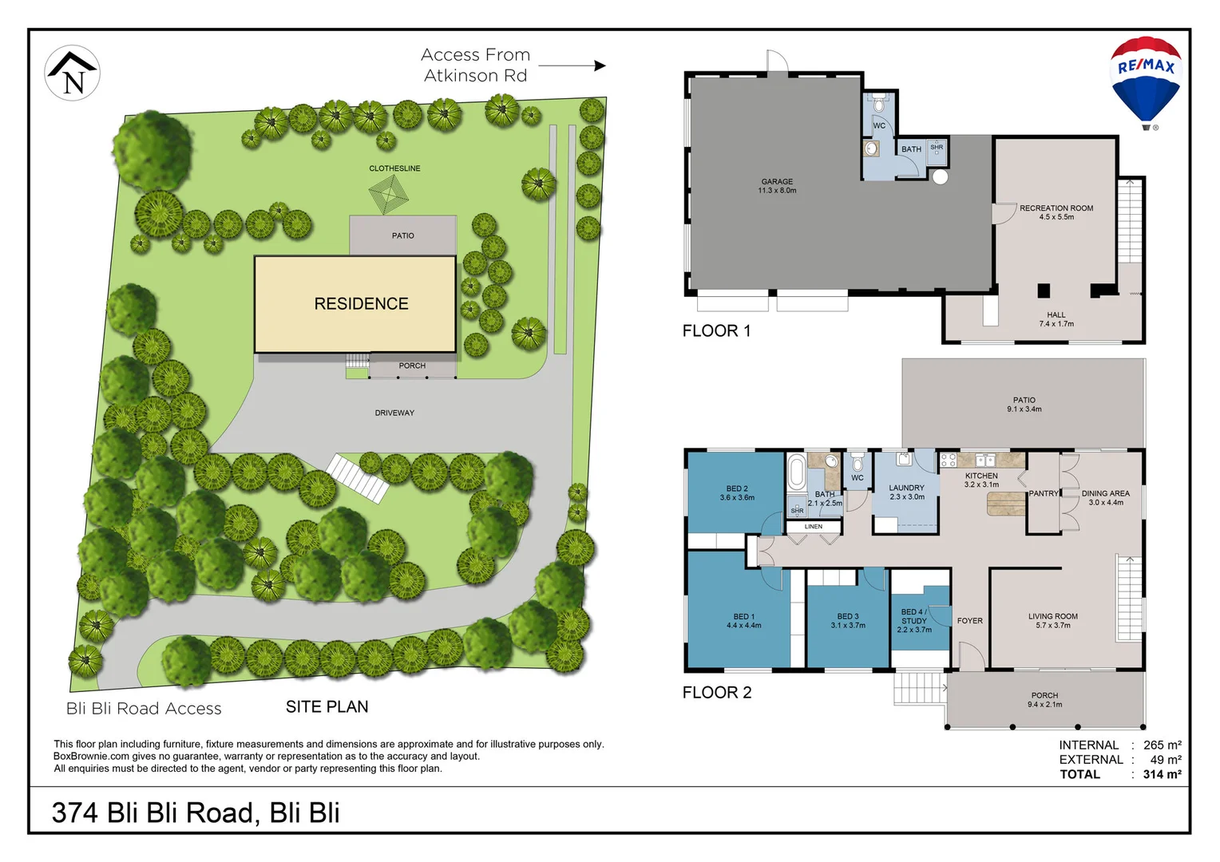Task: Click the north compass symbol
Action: point(72,73)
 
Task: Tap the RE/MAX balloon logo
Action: point(1146,80)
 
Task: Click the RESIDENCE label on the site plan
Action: point(361,304)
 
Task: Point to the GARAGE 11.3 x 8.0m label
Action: point(777,186)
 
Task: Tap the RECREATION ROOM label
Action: point(1056,212)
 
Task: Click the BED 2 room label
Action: point(736,493)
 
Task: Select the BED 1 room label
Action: point(743,621)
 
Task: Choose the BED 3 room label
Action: point(848,621)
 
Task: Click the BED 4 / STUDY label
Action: point(914,620)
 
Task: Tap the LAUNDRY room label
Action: point(906,492)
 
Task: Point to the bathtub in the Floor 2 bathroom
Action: point(796,473)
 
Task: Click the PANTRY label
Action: point(1043,494)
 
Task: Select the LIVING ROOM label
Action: point(1052,620)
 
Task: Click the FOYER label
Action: point(969,621)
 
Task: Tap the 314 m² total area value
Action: point(1162,774)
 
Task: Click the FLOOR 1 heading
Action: point(716,331)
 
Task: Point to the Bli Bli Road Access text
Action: point(144,709)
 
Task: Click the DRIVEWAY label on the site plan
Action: point(394,413)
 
